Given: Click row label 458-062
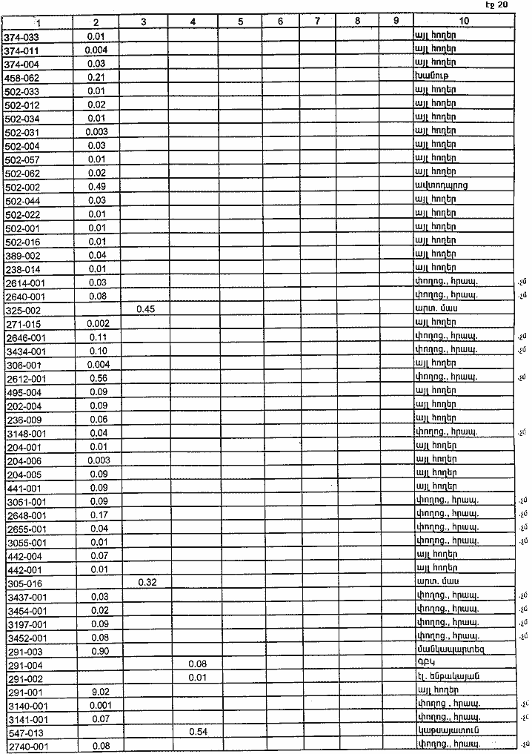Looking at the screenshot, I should point(21,77).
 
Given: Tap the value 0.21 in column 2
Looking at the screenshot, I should point(97,77).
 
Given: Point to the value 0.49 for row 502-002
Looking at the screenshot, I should point(97,186).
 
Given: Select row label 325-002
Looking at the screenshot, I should point(22,309).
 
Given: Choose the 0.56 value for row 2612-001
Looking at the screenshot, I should point(97,377).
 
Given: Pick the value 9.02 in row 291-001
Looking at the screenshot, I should point(97,692).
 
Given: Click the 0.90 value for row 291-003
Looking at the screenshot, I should point(97,651).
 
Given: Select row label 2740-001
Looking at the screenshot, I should point(26,746).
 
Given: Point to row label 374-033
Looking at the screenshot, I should point(21,36).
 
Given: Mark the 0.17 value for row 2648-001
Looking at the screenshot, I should point(97,515).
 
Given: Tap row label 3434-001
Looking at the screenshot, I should point(26,351).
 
